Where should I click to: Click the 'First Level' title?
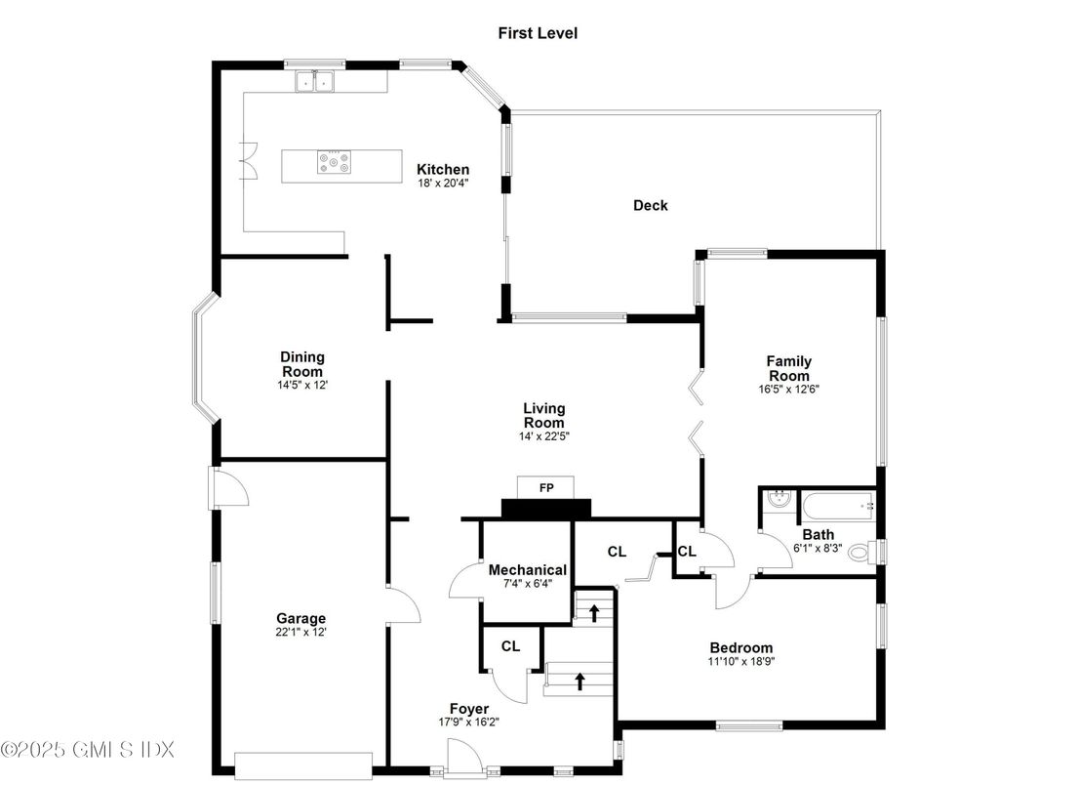point(538,33)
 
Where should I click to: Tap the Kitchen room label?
point(443,169)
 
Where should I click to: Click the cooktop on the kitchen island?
point(333,162)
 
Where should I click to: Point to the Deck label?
point(650,205)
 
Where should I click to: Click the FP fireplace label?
point(546,487)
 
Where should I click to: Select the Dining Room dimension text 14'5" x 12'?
point(302,385)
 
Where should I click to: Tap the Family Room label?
point(788,368)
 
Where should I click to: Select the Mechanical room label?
point(527,570)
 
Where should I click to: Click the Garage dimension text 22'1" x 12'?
point(300,632)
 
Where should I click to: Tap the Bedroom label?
point(741,647)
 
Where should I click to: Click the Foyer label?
point(468,708)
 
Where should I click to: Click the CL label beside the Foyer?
point(510,646)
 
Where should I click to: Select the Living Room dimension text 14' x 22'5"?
point(543,435)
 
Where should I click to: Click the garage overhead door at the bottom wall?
point(304,763)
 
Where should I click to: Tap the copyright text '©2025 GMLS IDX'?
point(88,750)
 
